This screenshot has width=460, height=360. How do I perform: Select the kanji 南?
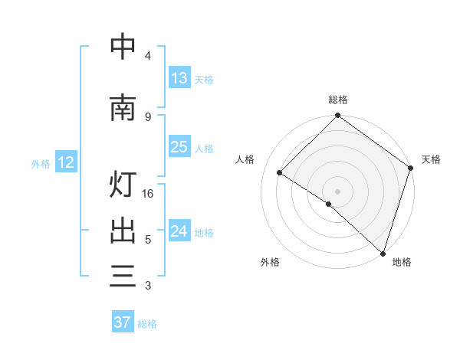click(x=123, y=108)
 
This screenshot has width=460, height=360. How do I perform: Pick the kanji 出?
click(x=123, y=231)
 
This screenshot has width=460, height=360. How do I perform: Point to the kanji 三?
click(x=123, y=275)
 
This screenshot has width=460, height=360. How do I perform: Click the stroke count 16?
click(x=149, y=194)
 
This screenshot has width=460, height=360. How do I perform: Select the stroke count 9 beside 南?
click(x=148, y=116)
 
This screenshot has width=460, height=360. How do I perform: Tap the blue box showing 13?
click(x=179, y=78)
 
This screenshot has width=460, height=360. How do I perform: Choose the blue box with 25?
click(x=179, y=147)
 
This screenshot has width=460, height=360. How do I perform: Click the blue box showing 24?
click(x=179, y=231)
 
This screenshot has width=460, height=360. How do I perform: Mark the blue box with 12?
click(x=65, y=162)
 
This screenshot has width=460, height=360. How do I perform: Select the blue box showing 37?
click(x=122, y=322)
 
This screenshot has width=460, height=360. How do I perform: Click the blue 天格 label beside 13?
click(x=203, y=80)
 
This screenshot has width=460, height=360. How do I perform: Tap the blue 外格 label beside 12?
click(x=40, y=163)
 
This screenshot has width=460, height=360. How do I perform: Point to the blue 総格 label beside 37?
click(x=147, y=324)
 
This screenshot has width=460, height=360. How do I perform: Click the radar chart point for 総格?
click(x=337, y=116)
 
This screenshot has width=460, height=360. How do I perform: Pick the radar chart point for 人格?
click(x=280, y=172)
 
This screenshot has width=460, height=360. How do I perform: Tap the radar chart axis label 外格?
click(x=270, y=262)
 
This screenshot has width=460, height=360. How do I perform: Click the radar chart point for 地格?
click(x=383, y=252)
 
